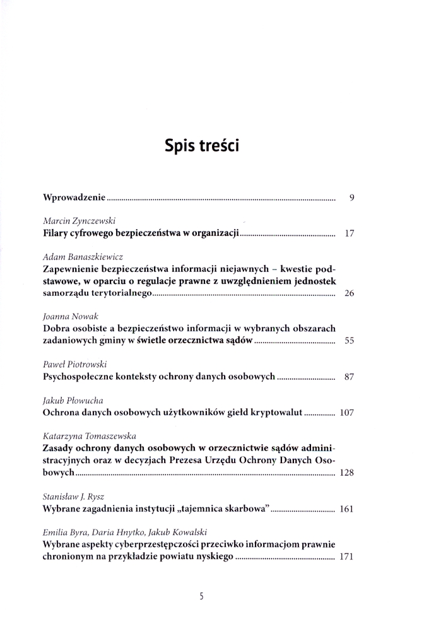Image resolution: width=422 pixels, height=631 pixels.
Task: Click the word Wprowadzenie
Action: click(x=74, y=198)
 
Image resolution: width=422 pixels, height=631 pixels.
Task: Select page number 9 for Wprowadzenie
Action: click(x=351, y=198)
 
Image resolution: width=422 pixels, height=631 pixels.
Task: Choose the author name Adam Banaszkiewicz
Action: click(x=83, y=257)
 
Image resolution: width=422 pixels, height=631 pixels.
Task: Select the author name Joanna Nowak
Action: click(x=69, y=317)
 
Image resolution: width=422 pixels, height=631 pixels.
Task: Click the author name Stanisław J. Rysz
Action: click(x=74, y=496)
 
